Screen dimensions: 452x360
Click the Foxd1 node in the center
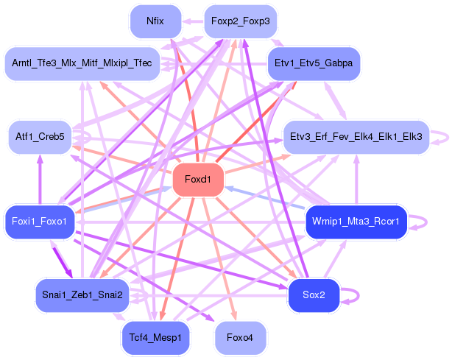coord(198,180)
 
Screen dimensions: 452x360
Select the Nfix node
coord(155,21)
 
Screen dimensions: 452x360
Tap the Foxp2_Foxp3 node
coord(241,21)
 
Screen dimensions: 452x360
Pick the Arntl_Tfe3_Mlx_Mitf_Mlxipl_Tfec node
coord(82,63)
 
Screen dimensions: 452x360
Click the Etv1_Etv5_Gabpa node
coord(314,63)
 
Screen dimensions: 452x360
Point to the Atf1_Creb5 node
coord(40,137)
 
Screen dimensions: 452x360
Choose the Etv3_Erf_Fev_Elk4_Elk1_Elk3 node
coord(356,137)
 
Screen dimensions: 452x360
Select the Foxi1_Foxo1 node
coord(40,222)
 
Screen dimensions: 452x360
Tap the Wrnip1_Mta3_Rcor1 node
coord(356,222)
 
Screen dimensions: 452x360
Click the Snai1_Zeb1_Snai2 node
coord(82,295)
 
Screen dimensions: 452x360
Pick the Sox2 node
coord(314,295)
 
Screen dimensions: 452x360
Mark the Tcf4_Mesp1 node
coord(155,338)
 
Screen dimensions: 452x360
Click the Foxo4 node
coord(240,338)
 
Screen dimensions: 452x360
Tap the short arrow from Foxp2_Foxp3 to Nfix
coord(193,21)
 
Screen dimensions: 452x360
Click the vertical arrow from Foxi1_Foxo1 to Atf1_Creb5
coord(40,180)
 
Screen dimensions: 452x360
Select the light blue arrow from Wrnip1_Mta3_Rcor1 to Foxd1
coord(264,197)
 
